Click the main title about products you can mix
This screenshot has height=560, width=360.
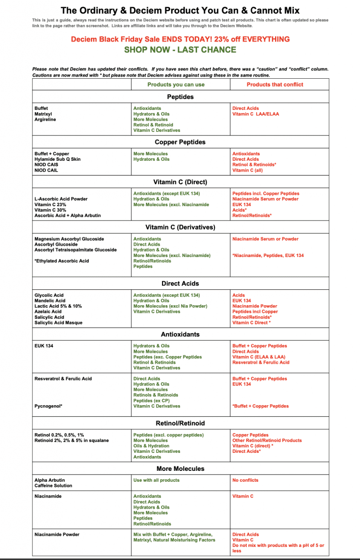(180, 10)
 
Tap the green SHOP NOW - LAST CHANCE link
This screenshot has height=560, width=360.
(180, 50)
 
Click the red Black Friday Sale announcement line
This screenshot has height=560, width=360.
(180, 39)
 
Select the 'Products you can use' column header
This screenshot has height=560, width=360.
(176, 85)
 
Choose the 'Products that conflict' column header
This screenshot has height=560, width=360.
(275, 85)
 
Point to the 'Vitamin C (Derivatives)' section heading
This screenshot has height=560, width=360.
(180, 227)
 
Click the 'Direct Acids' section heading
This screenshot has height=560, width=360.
(180, 284)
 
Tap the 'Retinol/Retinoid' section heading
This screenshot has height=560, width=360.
(180, 423)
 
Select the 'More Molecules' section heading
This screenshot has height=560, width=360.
(180, 469)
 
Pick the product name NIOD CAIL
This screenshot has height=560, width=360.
(47, 170)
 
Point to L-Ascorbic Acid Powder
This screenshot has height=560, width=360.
(61, 199)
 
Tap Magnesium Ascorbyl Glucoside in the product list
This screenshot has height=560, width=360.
(69, 239)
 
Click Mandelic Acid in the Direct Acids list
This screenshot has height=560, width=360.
(50, 301)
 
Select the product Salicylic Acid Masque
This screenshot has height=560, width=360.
(59, 323)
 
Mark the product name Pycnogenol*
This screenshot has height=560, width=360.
(48, 406)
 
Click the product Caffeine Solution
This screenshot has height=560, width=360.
(53, 486)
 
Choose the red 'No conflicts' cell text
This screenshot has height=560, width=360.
(245, 480)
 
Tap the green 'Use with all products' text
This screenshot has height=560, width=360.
(156, 480)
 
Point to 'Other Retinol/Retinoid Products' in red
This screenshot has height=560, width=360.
(267, 440)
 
